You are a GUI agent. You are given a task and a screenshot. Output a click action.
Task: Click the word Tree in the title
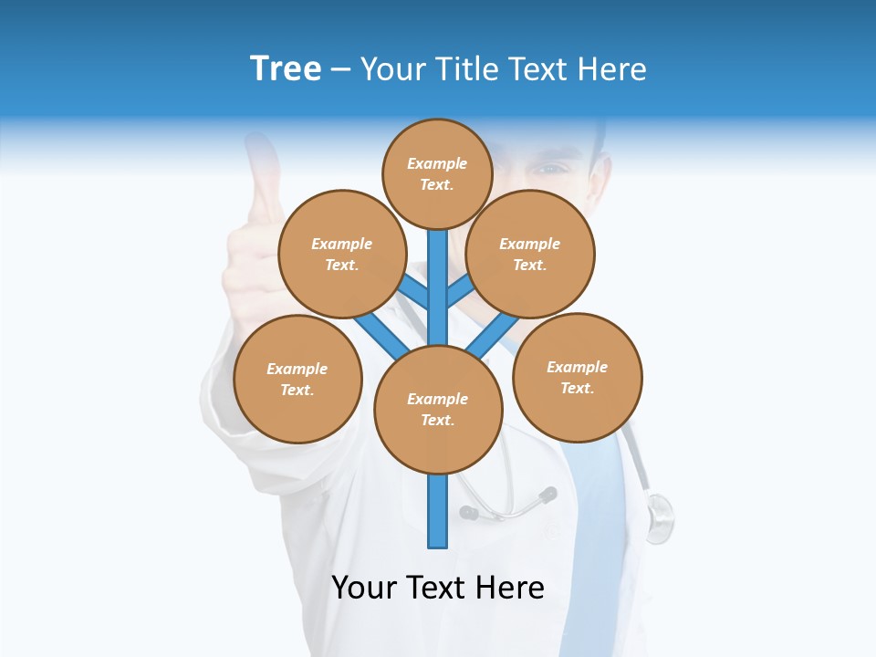pos(286,69)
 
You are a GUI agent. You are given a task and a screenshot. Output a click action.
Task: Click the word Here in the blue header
pos(611,69)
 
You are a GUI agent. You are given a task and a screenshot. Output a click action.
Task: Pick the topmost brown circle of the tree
pos(437,173)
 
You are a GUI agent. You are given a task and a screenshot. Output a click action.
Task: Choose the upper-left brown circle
pos(341,254)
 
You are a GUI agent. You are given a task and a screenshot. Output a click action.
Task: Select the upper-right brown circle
pos(530,254)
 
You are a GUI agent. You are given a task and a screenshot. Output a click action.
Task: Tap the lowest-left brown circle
pos(297,379)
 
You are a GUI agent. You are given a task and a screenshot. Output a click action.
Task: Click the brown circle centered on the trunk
pos(438,410)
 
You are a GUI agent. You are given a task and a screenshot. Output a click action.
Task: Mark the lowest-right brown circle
pos(578,377)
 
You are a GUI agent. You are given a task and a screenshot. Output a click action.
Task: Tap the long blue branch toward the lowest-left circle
pos(381,334)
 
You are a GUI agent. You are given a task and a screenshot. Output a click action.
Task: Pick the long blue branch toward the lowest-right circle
pos(494,334)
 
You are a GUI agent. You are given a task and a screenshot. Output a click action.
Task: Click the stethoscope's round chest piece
pos(659,516)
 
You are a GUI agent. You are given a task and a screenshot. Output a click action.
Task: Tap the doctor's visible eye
pos(550,168)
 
